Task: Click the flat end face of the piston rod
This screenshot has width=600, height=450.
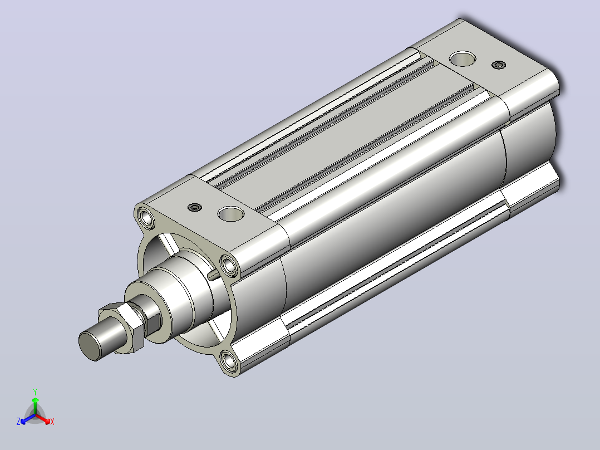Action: point(88,346)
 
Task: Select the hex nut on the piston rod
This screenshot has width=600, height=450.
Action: point(122,327)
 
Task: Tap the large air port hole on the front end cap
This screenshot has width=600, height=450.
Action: point(231,214)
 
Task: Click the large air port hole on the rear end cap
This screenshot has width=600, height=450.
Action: point(463,58)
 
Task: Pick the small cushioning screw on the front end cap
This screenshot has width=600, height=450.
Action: point(194,208)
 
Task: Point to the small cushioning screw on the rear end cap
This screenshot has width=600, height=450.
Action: point(499,65)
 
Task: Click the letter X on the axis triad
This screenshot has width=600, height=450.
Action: point(52,422)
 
